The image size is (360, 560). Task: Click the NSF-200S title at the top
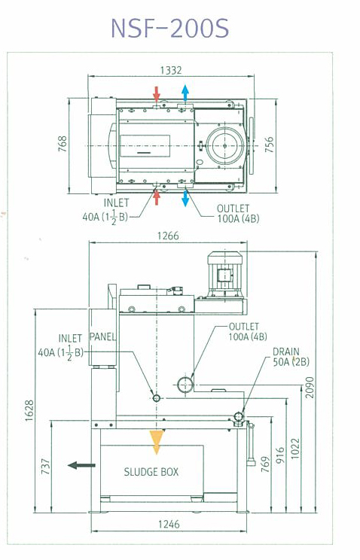169,28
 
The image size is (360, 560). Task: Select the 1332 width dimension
171,70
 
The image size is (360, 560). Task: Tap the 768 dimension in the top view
63,144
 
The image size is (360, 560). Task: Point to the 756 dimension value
269,145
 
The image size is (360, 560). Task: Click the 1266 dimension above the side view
168,236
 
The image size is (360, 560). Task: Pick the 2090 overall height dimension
310,387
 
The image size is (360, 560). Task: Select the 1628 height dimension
29,410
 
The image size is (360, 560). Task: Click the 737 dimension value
45,467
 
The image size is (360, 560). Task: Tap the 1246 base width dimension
169,525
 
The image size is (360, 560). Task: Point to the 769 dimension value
265,464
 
